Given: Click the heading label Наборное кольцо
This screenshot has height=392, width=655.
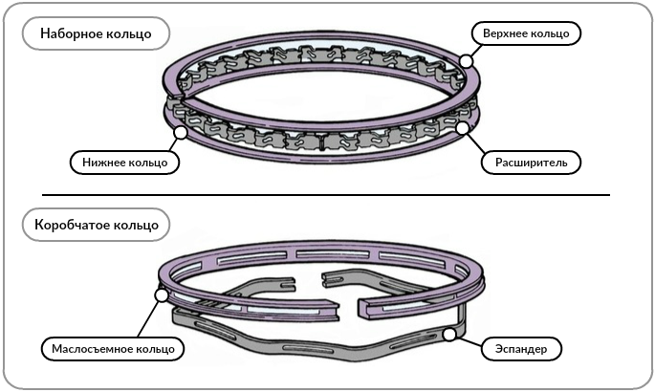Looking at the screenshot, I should point(96,34).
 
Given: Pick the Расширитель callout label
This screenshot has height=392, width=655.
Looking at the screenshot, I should point(531,162).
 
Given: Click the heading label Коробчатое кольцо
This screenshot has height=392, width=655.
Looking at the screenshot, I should point(96,226).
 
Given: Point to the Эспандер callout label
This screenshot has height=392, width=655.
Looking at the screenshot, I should point(522,348).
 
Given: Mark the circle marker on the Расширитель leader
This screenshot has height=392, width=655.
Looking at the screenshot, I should point(463,126).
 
